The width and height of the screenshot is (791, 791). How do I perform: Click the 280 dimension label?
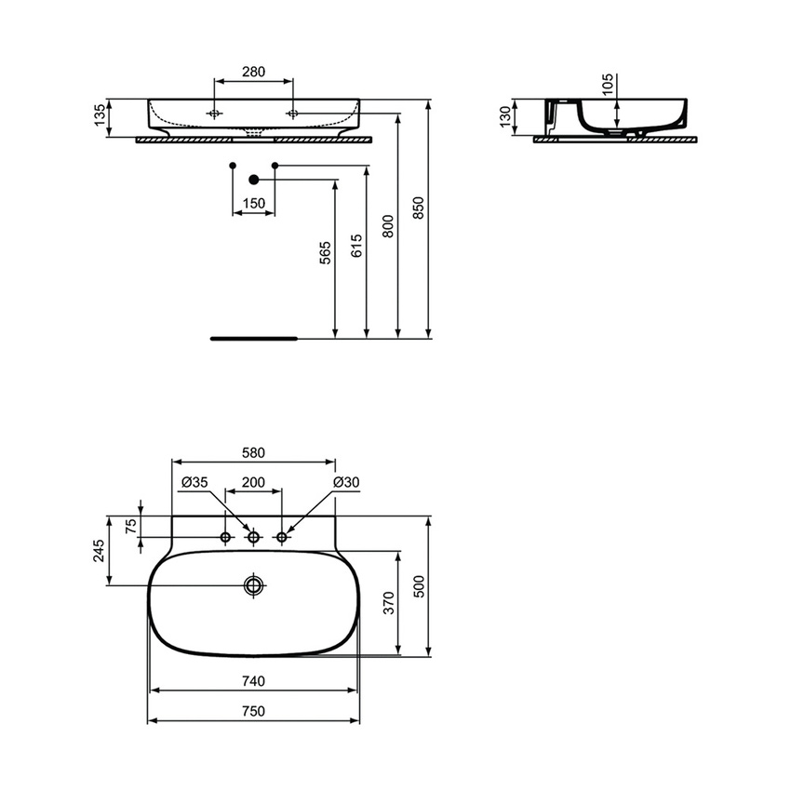[253, 72]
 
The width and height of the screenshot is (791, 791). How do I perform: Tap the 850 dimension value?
[418, 207]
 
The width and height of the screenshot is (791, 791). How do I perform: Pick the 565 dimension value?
[325, 253]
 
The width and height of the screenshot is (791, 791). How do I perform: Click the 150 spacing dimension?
[253, 204]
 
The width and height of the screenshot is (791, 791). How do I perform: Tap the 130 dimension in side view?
[505, 118]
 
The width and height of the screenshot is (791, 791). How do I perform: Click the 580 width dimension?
[253, 453]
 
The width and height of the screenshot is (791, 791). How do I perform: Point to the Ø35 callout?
[194, 482]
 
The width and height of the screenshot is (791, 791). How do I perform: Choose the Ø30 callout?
[347, 482]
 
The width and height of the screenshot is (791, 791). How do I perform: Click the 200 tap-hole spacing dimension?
[253, 482]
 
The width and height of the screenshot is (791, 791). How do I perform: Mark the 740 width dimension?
[253, 681]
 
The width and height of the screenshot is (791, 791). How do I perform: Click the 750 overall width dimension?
[253, 711]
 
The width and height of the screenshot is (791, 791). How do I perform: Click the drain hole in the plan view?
[254, 585]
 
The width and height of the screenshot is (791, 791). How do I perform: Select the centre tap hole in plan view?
[253, 537]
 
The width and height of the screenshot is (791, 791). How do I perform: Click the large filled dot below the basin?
[253, 179]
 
